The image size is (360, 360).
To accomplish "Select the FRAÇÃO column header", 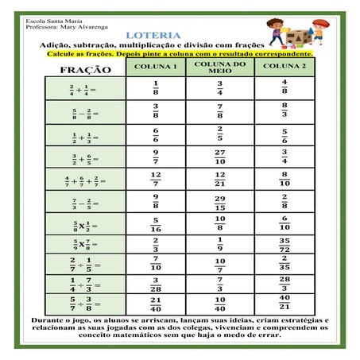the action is (83, 70).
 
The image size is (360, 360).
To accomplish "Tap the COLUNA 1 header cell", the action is (156, 66).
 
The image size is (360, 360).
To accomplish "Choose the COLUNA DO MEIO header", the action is (219, 66).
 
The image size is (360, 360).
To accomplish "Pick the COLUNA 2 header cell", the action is (284, 66).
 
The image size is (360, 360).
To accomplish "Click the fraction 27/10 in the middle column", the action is (220, 157).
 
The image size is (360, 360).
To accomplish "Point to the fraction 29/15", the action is (220, 202).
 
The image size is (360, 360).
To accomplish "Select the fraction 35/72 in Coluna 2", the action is (285, 244).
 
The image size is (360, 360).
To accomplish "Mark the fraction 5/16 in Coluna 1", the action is (156, 224).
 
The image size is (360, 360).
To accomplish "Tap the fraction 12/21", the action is (220, 179).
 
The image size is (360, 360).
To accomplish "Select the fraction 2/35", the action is (285, 263).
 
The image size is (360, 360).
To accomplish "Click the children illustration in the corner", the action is (298, 32).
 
